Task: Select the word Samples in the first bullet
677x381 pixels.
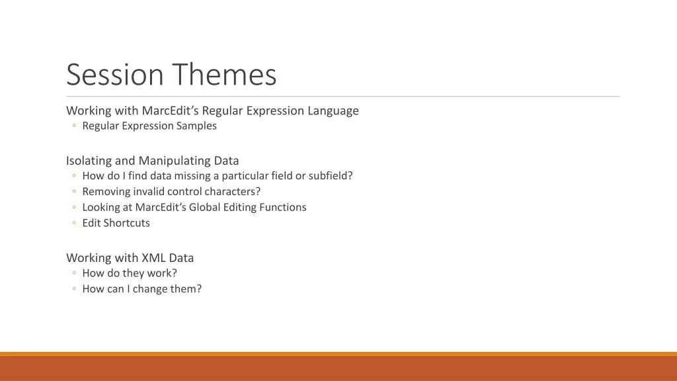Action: (x=197, y=126)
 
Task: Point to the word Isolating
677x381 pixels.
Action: (x=89, y=160)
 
